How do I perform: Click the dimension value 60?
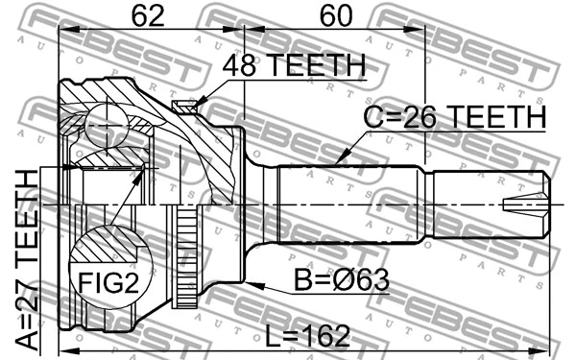331,16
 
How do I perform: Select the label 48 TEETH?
294,65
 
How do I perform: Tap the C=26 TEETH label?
454,117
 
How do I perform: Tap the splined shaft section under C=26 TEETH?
346,204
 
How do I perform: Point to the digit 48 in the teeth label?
241,65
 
